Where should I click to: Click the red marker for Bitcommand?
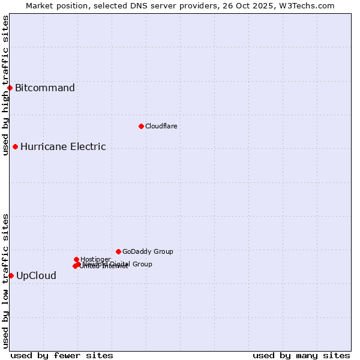[x=10, y=88]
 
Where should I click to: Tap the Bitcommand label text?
[x=45, y=88]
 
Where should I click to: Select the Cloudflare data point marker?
[x=141, y=126]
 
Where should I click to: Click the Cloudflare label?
[x=161, y=126]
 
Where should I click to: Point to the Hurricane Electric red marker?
[x=15, y=146]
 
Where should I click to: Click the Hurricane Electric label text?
[x=63, y=146]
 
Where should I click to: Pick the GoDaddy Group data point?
[x=118, y=251]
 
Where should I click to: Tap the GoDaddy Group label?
[x=148, y=251]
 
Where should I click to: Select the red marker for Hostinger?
[x=76, y=259]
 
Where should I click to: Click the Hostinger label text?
[x=95, y=259]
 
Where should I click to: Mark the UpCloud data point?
[x=11, y=275]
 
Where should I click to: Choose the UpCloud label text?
[x=36, y=276]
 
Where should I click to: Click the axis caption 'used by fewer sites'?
[x=62, y=355]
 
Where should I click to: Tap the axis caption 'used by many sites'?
[x=301, y=355]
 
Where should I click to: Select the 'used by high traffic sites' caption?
[x=6, y=85]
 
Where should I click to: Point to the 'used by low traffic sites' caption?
[x=6, y=281]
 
